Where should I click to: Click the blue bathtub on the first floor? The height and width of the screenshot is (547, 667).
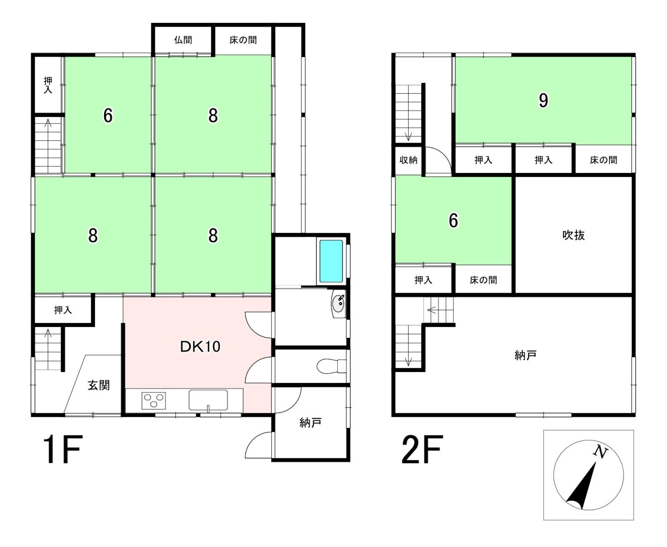[x=331, y=261]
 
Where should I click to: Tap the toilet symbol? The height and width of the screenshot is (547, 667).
[x=331, y=366]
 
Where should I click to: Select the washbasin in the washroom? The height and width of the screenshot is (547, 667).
[x=339, y=303]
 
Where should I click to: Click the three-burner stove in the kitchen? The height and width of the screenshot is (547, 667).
[x=153, y=401]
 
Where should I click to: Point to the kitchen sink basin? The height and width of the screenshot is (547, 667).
[x=208, y=400]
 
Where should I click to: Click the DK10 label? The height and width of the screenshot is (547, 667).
[x=200, y=347]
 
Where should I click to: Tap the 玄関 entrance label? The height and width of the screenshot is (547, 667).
[x=99, y=385]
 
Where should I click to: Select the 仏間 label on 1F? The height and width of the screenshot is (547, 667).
[x=183, y=40]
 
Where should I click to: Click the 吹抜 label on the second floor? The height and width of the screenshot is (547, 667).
[x=573, y=235]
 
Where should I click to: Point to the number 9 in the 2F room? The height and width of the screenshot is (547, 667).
[x=543, y=101]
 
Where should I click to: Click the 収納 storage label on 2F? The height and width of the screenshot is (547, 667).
[x=408, y=160]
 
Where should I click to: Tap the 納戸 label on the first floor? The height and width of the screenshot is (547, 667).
[x=310, y=423]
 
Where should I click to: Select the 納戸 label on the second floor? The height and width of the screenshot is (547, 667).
[x=525, y=356]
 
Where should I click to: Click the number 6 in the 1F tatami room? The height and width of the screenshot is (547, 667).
[x=108, y=116]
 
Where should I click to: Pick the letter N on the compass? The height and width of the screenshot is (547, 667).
[x=600, y=452]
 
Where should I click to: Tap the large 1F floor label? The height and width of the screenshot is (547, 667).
[x=63, y=450]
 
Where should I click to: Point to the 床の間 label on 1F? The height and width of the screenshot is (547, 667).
[x=243, y=40]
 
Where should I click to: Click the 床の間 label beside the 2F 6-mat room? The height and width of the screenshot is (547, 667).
[x=483, y=280]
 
